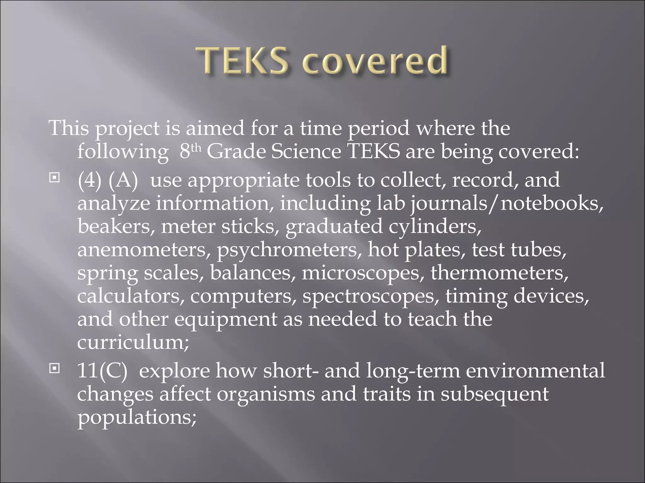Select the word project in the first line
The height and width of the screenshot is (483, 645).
[128, 129]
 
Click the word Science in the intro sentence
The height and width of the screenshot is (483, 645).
[306, 152]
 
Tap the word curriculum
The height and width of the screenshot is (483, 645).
[133, 342]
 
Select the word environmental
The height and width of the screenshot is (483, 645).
[535, 370]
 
